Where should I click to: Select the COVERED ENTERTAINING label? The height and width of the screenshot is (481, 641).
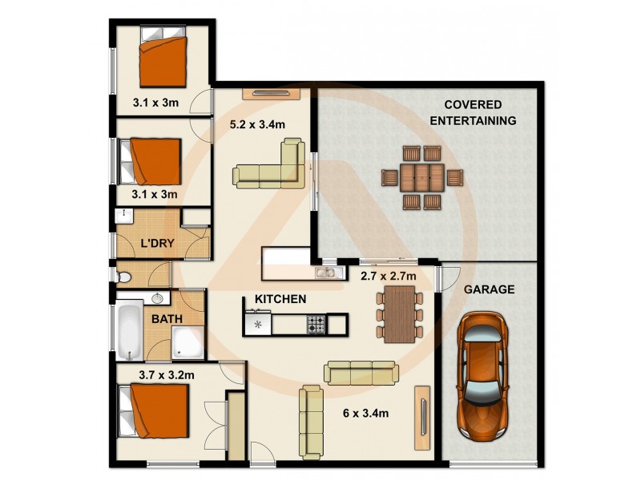[x=472, y=113]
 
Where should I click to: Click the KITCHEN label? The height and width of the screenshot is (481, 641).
[x=280, y=299]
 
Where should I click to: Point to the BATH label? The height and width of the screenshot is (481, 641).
[x=167, y=318]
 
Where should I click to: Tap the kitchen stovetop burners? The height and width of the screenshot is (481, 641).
[x=316, y=324]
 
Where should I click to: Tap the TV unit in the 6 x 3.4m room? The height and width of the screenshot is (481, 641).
[x=421, y=417]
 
